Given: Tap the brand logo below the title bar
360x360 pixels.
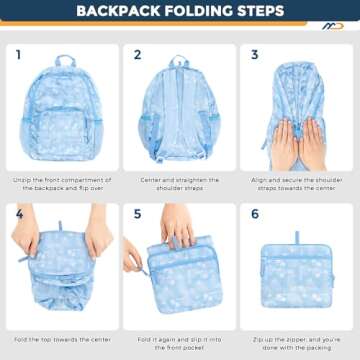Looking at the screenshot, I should (x=332, y=26).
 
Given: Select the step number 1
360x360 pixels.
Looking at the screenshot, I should (x=18, y=55).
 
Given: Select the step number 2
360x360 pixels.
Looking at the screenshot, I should (x=137, y=55).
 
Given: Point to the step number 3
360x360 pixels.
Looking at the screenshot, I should (x=255, y=55).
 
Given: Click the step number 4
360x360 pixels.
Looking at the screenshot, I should (x=18, y=214).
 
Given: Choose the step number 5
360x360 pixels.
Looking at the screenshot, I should (x=137, y=214).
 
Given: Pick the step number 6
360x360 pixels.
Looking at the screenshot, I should (x=255, y=214).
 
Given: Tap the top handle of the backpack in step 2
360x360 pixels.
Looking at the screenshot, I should (x=180, y=61).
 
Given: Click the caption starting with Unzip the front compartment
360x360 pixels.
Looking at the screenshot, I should (x=62, y=184).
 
